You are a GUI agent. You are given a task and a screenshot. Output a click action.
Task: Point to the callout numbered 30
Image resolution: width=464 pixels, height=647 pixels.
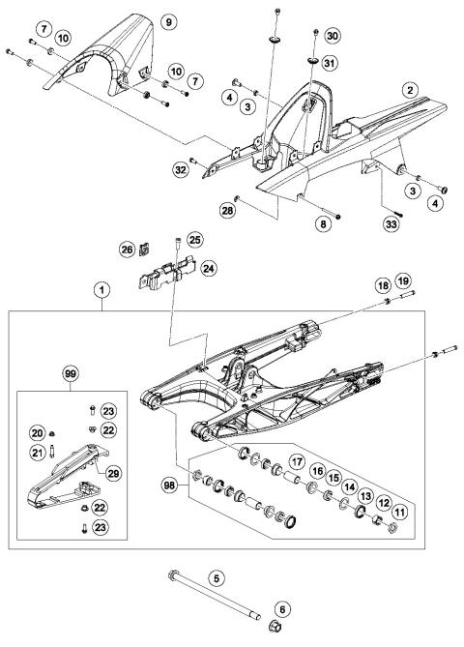[x=333, y=35]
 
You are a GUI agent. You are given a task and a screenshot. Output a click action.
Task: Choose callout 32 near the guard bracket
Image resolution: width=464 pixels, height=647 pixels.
[x=181, y=168]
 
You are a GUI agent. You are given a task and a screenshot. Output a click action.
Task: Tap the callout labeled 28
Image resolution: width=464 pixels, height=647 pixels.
[x=228, y=210]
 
